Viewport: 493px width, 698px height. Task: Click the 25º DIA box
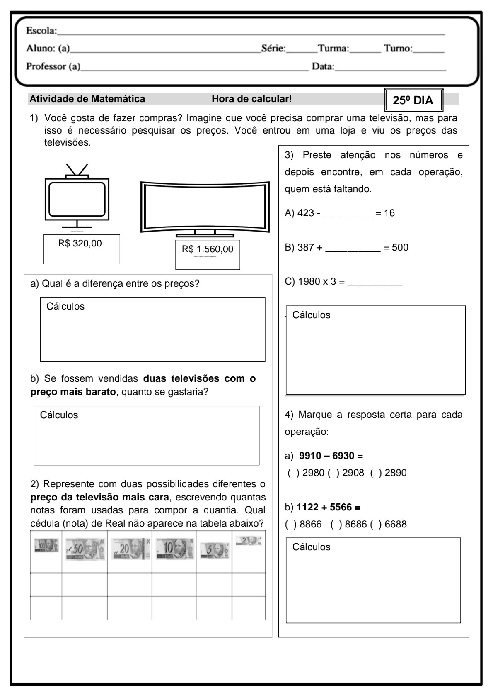point(413,100)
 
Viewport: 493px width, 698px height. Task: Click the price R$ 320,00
point(80,244)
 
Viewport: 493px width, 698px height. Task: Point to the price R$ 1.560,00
point(207,249)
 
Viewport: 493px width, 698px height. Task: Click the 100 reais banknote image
point(46,545)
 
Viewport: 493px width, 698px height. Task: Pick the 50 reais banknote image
point(85,550)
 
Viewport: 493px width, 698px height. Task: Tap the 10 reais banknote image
point(174,549)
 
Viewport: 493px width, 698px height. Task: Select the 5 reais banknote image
point(214,550)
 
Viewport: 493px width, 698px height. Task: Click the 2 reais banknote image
point(248,541)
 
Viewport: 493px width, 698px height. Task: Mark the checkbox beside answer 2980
point(293,473)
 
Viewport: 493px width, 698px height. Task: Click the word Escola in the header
point(41,30)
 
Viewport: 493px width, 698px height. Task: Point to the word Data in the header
point(322,66)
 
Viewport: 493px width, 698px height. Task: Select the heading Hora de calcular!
point(251,99)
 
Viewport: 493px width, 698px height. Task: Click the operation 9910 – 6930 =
point(331,456)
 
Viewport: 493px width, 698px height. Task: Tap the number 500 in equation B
point(400,248)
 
